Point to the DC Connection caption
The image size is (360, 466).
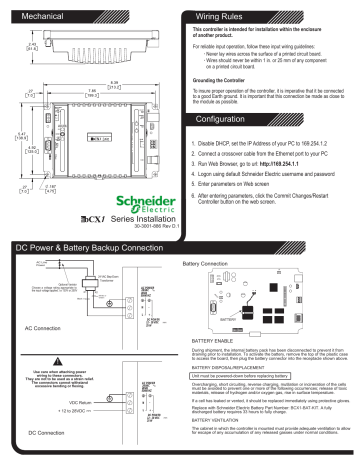coord(44,432)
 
